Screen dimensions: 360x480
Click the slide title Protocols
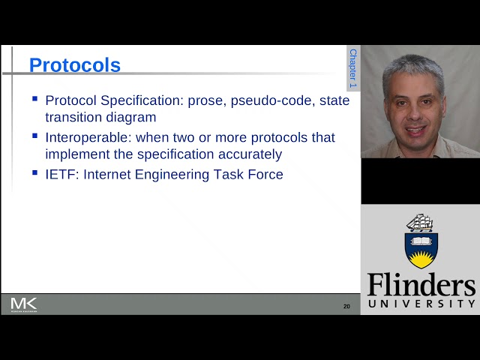click(74, 65)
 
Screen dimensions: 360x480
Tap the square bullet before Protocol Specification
click(34, 98)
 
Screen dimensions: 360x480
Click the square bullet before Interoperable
click(34, 136)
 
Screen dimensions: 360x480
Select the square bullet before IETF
click(34, 172)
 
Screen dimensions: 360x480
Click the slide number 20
click(346, 306)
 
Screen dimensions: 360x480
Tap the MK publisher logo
click(23, 304)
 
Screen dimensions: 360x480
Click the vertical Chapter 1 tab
click(352, 68)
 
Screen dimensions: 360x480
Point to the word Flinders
click(421, 285)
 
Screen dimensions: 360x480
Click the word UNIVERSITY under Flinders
click(421, 303)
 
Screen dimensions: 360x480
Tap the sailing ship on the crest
click(420, 223)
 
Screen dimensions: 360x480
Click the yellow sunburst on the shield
click(421, 259)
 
